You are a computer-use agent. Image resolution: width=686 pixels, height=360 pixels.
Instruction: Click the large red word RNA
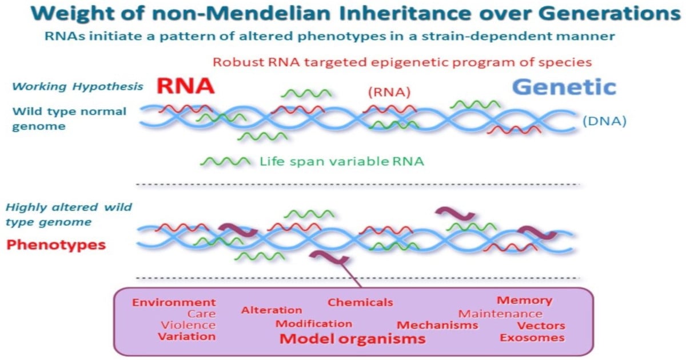tap(185, 85)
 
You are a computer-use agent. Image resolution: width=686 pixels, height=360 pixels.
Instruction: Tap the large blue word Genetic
tap(564, 87)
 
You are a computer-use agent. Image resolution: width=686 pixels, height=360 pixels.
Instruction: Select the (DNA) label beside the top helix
tap(605, 121)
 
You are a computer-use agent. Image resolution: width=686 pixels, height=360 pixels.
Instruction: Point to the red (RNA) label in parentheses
tap(389, 92)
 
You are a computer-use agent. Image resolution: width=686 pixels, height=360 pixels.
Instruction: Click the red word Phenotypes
tap(56, 245)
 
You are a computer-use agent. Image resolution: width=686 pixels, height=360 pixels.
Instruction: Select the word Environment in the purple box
tap(174, 302)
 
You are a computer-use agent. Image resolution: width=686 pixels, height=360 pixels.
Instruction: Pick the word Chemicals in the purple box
tap(360, 302)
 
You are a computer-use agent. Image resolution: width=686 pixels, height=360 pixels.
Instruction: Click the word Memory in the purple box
tap(524, 300)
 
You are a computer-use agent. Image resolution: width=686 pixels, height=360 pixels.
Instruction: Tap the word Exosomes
tap(532, 338)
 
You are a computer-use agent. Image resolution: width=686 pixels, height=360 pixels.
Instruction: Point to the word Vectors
tap(541, 326)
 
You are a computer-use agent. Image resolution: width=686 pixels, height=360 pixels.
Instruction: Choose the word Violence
tap(188, 325)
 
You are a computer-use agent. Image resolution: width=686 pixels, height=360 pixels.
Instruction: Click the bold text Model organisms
tap(352, 339)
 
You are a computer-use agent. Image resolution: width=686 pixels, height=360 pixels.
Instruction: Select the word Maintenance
tap(500, 314)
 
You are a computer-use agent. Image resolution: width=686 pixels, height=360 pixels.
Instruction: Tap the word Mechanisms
tap(437, 325)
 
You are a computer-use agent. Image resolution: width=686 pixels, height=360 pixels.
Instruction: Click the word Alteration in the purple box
tap(272, 310)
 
